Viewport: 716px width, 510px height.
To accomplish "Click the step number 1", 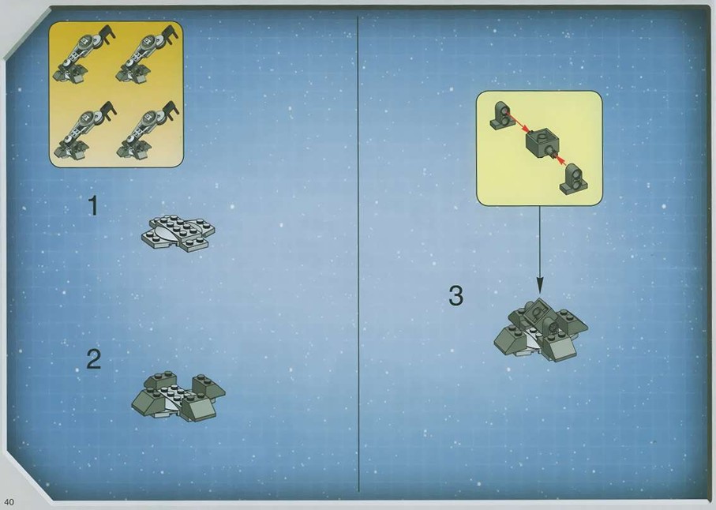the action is click(93, 206).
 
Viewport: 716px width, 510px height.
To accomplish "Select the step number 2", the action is click(94, 359).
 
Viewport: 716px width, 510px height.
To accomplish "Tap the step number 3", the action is click(455, 296).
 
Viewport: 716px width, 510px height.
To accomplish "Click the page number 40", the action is click(9, 502).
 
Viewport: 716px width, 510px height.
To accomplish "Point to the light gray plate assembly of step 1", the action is click(178, 233).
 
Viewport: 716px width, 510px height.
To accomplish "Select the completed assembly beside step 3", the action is click(541, 330).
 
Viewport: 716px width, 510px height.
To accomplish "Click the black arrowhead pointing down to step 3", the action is click(540, 286).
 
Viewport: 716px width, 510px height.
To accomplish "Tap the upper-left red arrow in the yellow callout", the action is click(517, 122).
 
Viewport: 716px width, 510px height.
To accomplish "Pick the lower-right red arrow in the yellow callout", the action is click(560, 161).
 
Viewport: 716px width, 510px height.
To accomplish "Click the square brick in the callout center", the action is click(540, 143).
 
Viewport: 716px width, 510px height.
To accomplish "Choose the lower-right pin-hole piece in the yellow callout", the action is click(574, 179).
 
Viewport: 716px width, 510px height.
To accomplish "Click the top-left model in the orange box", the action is click(84, 54).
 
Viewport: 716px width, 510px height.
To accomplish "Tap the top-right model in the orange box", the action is click(147, 54).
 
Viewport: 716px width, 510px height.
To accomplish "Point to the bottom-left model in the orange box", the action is click(85, 130).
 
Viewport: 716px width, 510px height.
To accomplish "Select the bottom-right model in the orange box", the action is click(148, 130).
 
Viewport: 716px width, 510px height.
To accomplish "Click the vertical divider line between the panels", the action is click(358, 254).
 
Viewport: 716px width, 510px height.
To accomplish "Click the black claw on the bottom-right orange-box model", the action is click(171, 110).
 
